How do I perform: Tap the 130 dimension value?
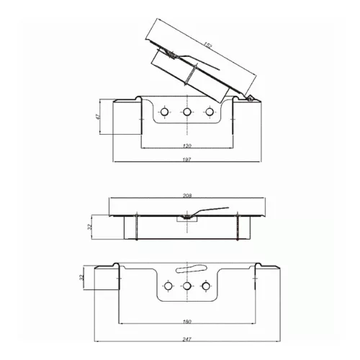pos(187,144)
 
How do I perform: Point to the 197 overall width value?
pos(187,159)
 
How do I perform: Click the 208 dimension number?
pos(187,194)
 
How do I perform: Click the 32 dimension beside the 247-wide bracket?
pos(82,276)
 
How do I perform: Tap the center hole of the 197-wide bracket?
pos(187,112)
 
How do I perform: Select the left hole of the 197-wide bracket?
pos(165,112)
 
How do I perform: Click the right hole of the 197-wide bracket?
pos(210,112)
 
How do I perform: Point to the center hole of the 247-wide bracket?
pos(187,287)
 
